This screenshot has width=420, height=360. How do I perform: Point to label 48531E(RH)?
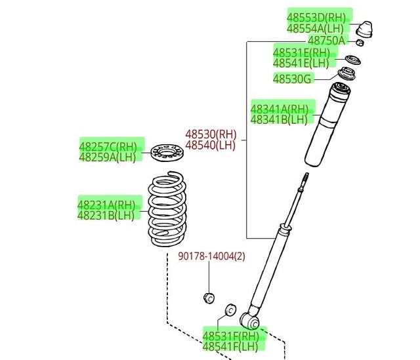pyautogui.click(x=302, y=52)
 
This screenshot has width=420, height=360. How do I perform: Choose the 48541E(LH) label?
pyautogui.click(x=301, y=64)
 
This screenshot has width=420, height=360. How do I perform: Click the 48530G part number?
pyautogui.click(x=293, y=79)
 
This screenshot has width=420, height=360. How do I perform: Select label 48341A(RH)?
pyautogui.click(x=279, y=108)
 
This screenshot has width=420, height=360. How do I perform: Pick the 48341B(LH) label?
pyautogui.click(x=278, y=119)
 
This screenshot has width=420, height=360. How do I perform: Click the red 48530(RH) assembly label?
pyautogui.click(x=210, y=134)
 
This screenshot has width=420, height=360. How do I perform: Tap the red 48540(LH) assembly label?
pyautogui.click(x=210, y=145)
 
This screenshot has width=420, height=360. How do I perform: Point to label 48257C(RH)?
pyautogui.click(x=108, y=146)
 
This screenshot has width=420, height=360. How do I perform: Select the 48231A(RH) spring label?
pyautogui.click(x=105, y=204)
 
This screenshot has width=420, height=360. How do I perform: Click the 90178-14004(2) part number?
pyautogui.click(x=211, y=256)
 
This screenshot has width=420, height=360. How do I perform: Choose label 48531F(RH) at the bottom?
pyautogui.click(x=230, y=334)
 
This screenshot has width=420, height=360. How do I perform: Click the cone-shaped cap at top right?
pyautogui.click(x=366, y=30)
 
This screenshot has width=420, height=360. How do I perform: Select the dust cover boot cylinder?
pyautogui.click(x=327, y=128)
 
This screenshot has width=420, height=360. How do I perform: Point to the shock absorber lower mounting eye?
pyautogui.click(x=250, y=320)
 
